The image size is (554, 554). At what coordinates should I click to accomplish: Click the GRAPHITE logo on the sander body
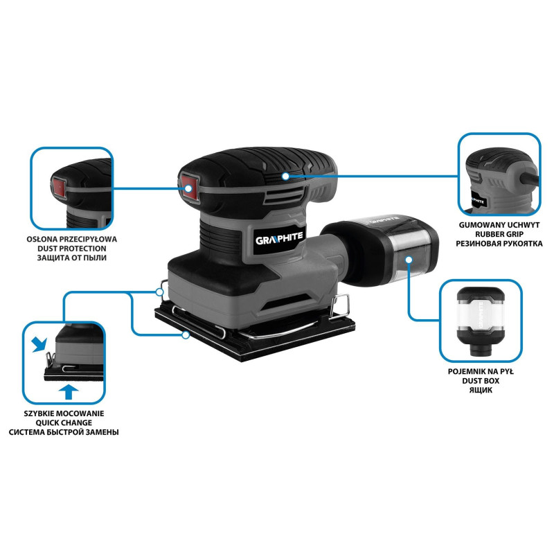tap(279, 239)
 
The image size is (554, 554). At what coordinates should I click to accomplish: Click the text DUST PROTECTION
tap(72, 249)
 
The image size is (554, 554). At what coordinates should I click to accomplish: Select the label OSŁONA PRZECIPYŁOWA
tap(72, 239)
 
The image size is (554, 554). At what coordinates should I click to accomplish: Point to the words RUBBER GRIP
tap(499, 234)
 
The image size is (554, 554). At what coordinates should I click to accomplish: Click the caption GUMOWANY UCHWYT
tap(499, 224)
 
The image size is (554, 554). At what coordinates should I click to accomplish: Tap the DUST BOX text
tap(481, 381)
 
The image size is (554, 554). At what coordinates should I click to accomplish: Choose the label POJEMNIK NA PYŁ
tap(481, 372)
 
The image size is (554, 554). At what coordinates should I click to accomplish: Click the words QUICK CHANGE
tap(64, 422)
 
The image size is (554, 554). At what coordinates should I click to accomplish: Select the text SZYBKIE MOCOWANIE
tap(64, 413)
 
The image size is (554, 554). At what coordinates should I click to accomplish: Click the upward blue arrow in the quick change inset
tap(69, 392)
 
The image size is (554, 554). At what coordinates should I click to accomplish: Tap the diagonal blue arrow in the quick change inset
tap(39, 344)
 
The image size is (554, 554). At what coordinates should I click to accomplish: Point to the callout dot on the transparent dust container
tap(409, 259)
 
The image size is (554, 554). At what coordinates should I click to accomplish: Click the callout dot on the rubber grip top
tap(285, 176)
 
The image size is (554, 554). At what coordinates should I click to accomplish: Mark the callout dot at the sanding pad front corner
tap(186, 335)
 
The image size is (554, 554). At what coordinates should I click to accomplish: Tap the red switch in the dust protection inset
tap(59, 186)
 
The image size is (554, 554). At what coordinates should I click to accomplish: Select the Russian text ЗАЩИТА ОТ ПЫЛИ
tap(72, 258)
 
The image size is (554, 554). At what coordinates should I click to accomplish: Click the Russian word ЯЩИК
tap(481, 390)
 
